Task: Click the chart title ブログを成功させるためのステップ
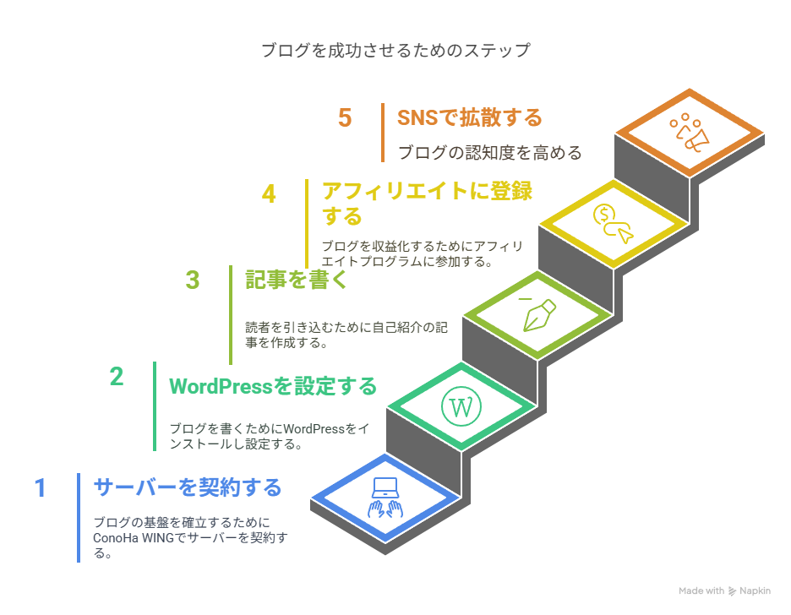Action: coord(395,51)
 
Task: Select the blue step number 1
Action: coord(40,488)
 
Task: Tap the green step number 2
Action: coord(117,376)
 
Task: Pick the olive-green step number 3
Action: coord(193,280)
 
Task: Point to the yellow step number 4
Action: coord(269,194)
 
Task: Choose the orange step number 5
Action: coord(345,117)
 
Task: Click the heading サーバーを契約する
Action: coord(187,487)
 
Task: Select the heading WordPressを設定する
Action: coord(273,387)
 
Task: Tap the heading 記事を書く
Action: coord(297,280)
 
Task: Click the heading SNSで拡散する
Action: coord(469,117)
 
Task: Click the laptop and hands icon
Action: coord(385,498)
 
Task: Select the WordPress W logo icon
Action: coord(461,407)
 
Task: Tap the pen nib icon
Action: coord(537,314)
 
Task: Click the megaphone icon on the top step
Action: coord(688,133)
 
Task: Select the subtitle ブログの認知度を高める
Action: coord(490,153)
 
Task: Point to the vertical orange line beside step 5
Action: coord(383,132)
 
